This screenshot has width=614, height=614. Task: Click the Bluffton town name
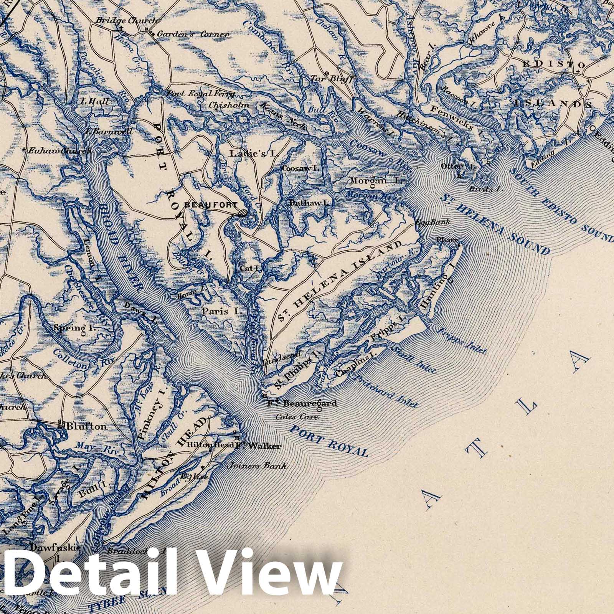[x=86, y=426]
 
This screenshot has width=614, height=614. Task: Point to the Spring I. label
[x=75, y=328]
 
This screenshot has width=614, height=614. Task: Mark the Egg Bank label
[x=432, y=222]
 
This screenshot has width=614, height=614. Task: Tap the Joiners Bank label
[x=257, y=466]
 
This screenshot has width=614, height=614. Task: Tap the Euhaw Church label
[x=59, y=150]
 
